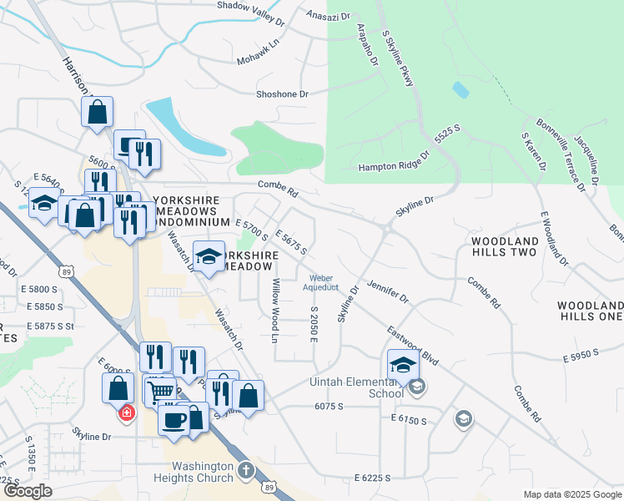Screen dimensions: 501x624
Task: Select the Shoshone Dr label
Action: click(x=271, y=94)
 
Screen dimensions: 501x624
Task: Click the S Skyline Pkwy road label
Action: click(x=398, y=58)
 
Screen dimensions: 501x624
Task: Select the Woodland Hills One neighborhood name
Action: click(x=591, y=311)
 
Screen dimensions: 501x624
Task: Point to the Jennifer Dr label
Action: click(x=388, y=291)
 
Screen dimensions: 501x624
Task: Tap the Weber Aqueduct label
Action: click(x=324, y=283)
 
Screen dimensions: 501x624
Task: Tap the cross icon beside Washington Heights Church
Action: click(x=245, y=470)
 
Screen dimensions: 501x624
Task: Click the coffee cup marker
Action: click(x=174, y=419)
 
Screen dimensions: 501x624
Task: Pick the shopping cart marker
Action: click(x=164, y=390)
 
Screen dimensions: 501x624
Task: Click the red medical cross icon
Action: click(x=126, y=412)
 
